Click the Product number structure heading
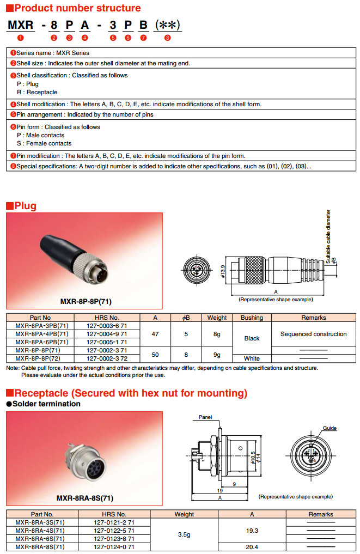click(x=77, y=8)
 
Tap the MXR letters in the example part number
click(x=21, y=25)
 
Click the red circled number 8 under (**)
click(x=167, y=38)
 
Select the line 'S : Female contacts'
click(x=44, y=143)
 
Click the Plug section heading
click(x=25, y=205)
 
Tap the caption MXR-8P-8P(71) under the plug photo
click(x=86, y=301)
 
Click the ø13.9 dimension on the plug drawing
click(x=223, y=270)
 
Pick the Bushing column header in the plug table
click(x=252, y=318)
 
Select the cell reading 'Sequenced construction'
click(x=313, y=334)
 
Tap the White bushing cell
click(x=252, y=358)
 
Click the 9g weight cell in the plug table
click(x=217, y=355)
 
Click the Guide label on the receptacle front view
click(x=330, y=428)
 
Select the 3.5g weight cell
click(x=184, y=534)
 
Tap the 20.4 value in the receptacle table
click(x=252, y=546)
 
